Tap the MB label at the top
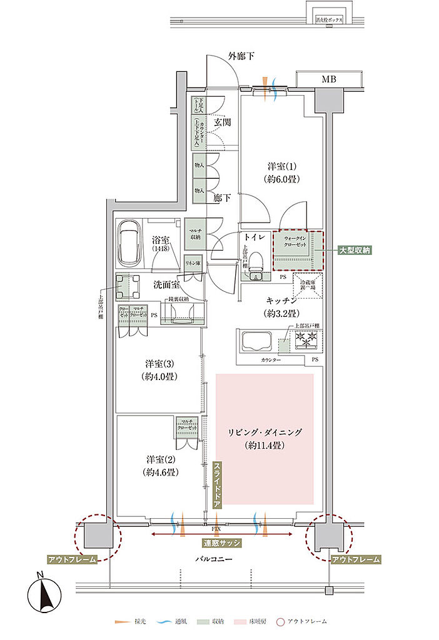tap(328, 79)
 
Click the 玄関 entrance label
tap(222, 122)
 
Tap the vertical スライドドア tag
tap(217, 484)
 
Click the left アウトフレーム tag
tap(72, 559)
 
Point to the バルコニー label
tap(213, 559)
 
